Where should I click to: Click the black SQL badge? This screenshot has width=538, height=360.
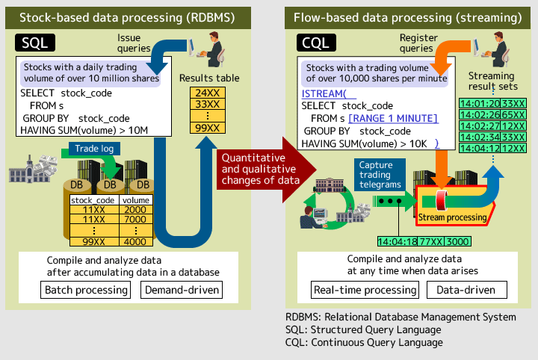coord(35,43)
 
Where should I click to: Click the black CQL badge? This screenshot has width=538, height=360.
coord(316,43)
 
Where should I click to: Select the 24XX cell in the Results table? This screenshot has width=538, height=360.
coord(208,93)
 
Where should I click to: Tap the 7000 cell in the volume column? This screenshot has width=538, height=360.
coord(135,220)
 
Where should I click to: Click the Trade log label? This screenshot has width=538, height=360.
coord(94,149)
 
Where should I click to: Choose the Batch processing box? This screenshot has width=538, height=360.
coord(86,290)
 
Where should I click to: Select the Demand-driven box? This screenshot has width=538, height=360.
coord(182,290)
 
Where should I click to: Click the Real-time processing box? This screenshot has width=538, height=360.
coord(365,290)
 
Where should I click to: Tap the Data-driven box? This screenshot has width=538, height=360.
coord(466,290)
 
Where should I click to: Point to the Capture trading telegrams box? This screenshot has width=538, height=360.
coord(380,175)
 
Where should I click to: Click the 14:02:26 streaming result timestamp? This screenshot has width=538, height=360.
coord(480,115)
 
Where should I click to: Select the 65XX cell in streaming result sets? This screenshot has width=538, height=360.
coord(513,115)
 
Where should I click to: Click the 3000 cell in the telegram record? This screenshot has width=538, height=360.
coord(458,242)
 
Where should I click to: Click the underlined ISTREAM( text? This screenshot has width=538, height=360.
coord(324,93)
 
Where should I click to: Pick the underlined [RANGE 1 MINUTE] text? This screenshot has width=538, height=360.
coord(393,119)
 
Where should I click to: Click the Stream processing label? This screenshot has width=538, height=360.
coord(452,217)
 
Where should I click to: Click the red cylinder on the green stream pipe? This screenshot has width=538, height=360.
coord(442,201)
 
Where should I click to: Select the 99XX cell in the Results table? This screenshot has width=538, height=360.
coord(208,128)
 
